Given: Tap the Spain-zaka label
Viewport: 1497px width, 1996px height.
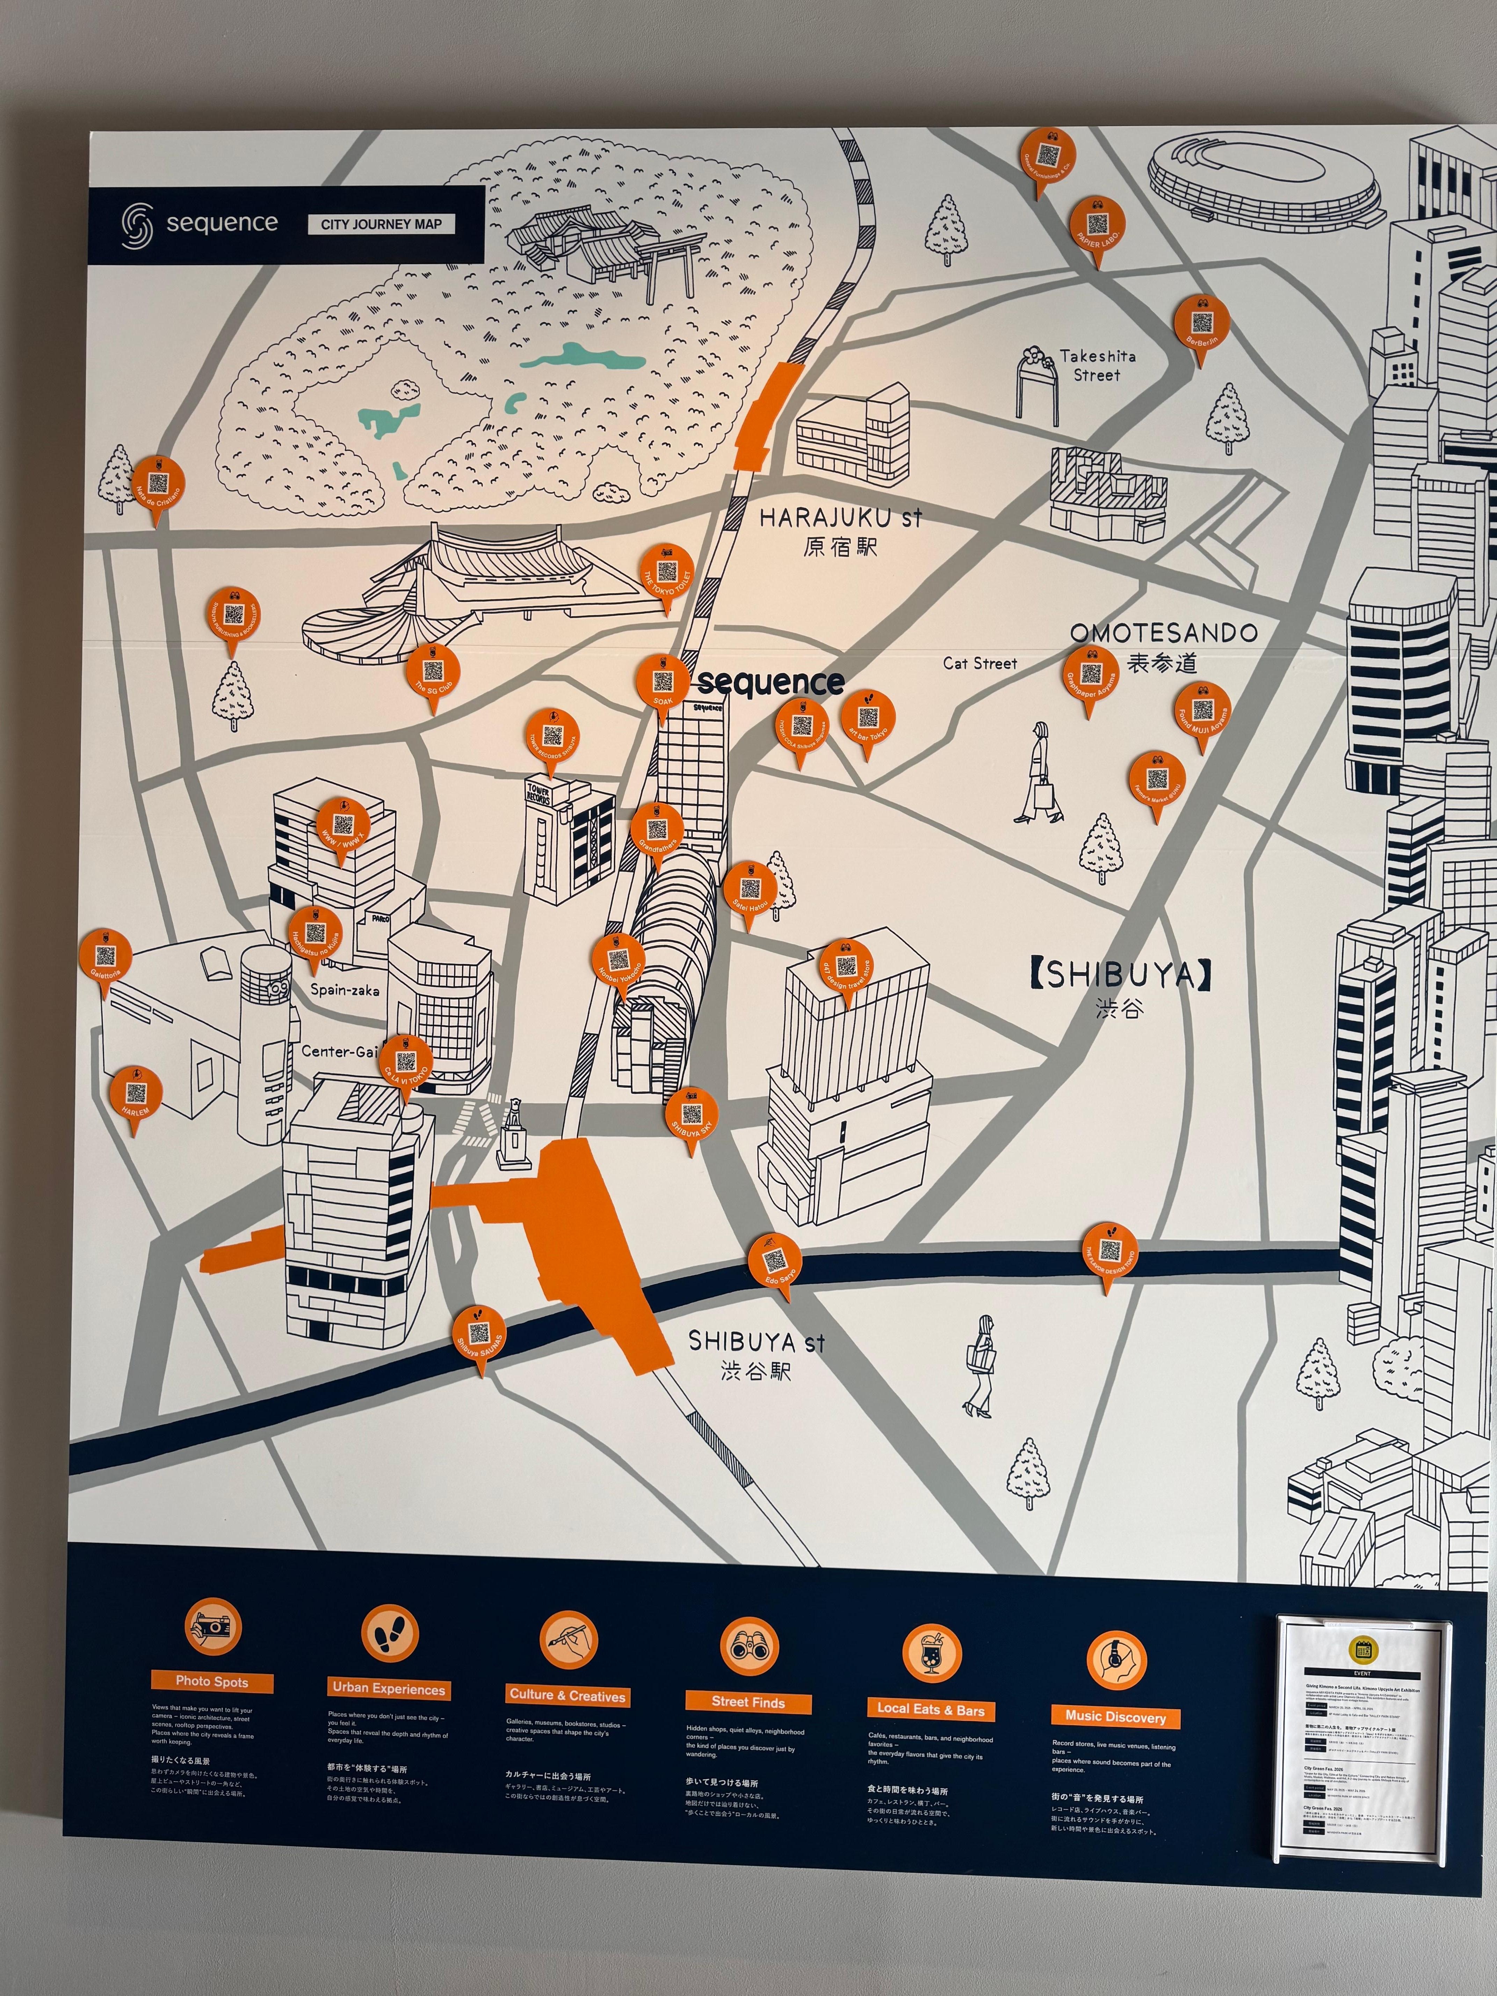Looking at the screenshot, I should click(x=345, y=990).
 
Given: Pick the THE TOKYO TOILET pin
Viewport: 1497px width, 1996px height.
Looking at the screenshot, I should click(x=667, y=573).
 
